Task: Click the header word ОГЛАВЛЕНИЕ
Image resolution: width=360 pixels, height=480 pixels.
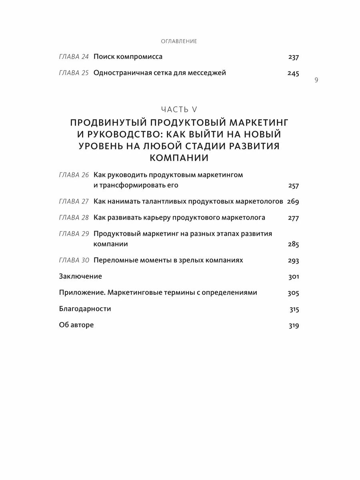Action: coord(179,41)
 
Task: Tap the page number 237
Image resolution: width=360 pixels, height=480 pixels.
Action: coord(293,57)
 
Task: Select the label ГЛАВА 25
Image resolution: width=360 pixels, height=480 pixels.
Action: coord(74,73)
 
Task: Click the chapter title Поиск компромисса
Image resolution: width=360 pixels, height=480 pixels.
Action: coord(128,57)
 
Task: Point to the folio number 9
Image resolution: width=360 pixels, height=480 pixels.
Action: coord(316,80)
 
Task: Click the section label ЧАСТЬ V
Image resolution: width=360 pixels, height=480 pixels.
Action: coord(179,109)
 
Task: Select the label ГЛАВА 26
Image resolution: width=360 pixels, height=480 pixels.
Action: coord(74,175)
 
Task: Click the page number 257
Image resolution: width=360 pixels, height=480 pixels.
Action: coord(293,186)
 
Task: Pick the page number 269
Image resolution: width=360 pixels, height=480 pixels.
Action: coord(293,202)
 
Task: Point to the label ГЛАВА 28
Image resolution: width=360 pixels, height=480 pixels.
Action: coord(74,218)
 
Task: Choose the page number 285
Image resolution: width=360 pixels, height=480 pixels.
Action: coord(293,244)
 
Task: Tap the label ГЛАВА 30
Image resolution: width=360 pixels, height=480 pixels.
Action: coord(74,260)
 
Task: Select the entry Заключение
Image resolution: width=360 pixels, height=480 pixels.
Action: coord(80,276)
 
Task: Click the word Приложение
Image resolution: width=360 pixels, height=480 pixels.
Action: coord(78,293)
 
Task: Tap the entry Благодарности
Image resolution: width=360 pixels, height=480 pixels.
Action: coord(85,309)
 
